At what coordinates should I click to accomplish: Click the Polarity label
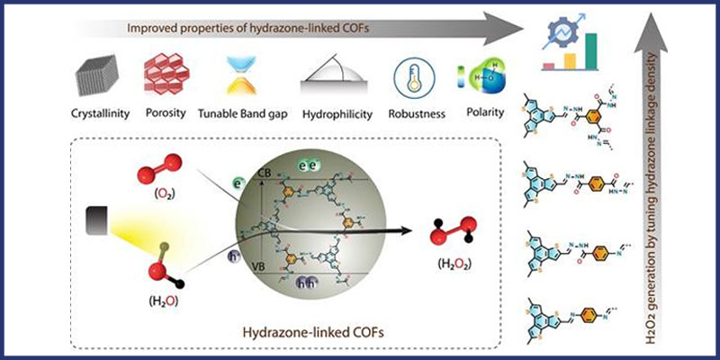(481, 115)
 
